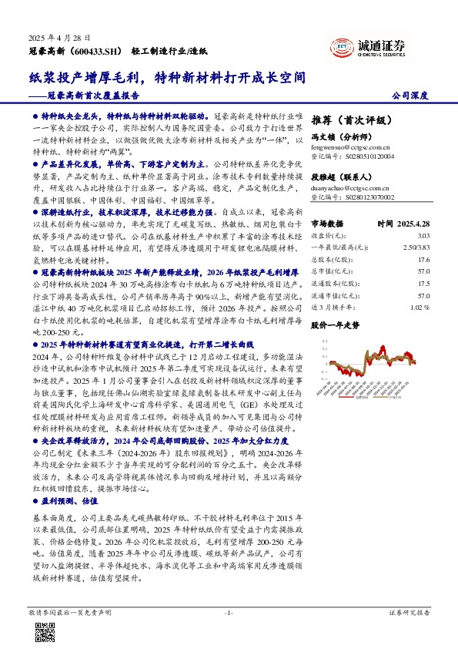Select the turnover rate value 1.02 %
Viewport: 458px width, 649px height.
point(420,306)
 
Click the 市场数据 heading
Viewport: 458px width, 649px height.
point(326,222)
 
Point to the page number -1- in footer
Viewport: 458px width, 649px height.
point(228,612)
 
